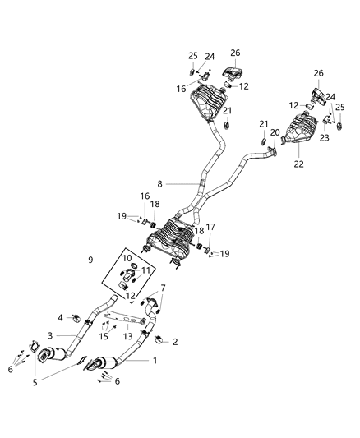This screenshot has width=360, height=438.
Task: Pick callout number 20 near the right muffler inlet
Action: (x=275, y=133)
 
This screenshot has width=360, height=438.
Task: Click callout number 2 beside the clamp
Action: (x=174, y=341)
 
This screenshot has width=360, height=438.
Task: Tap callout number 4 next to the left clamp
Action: (x=60, y=316)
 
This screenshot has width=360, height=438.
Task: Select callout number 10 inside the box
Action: (x=127, y=258)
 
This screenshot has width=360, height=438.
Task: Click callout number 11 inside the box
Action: (x=145, y=270)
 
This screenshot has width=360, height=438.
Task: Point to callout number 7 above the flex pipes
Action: (x=163, y=288)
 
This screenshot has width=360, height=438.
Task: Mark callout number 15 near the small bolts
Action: (x=104, y=335)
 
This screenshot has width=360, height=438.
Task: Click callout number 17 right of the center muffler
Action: (x=210, y=228)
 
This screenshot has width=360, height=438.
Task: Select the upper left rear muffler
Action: (x=209, y=110)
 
